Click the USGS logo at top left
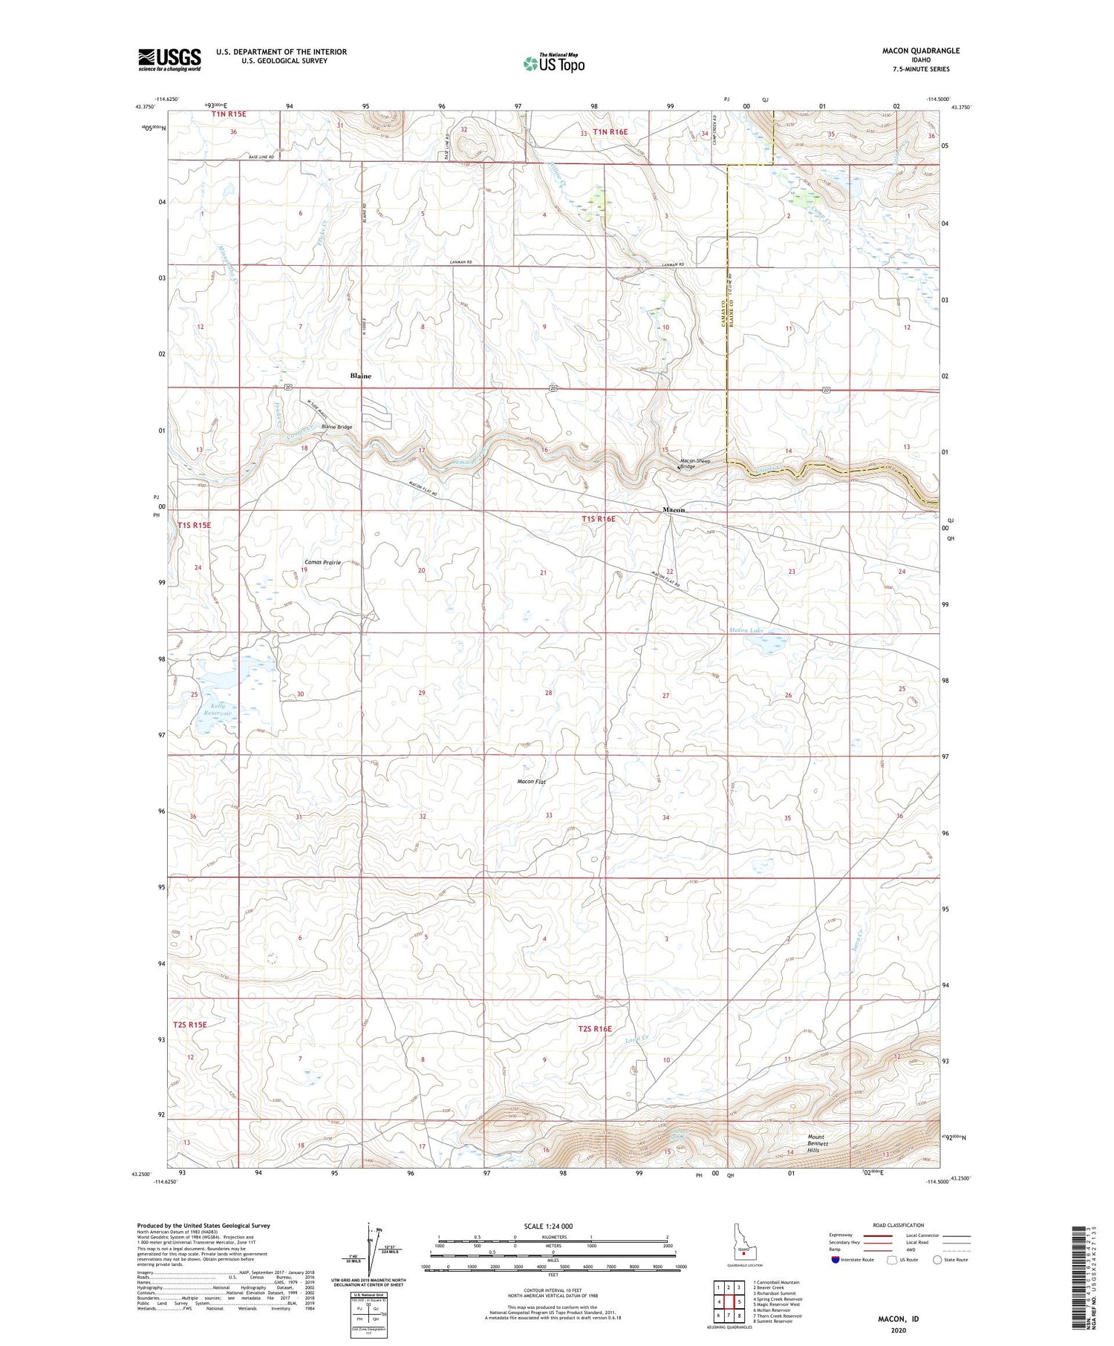click(x=169, y=59)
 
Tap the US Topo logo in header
click(x=553, y=63)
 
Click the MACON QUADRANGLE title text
click(x=920, y=50)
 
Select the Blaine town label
click(x=360, y=376)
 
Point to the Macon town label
click(x=673, y=511)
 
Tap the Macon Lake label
click(x=746, y=630)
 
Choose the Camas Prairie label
click(x=322, y=563)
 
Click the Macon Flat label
click(x=532, y=782)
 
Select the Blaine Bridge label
click(x=336, y=427)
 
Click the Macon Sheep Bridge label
click(x=695, y=463)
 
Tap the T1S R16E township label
click(x=599, y=519)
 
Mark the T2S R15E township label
click(x=189, y=1025)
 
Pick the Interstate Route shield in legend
click(x=835, y=1260)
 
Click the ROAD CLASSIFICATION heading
click(x=899, y=1225)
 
